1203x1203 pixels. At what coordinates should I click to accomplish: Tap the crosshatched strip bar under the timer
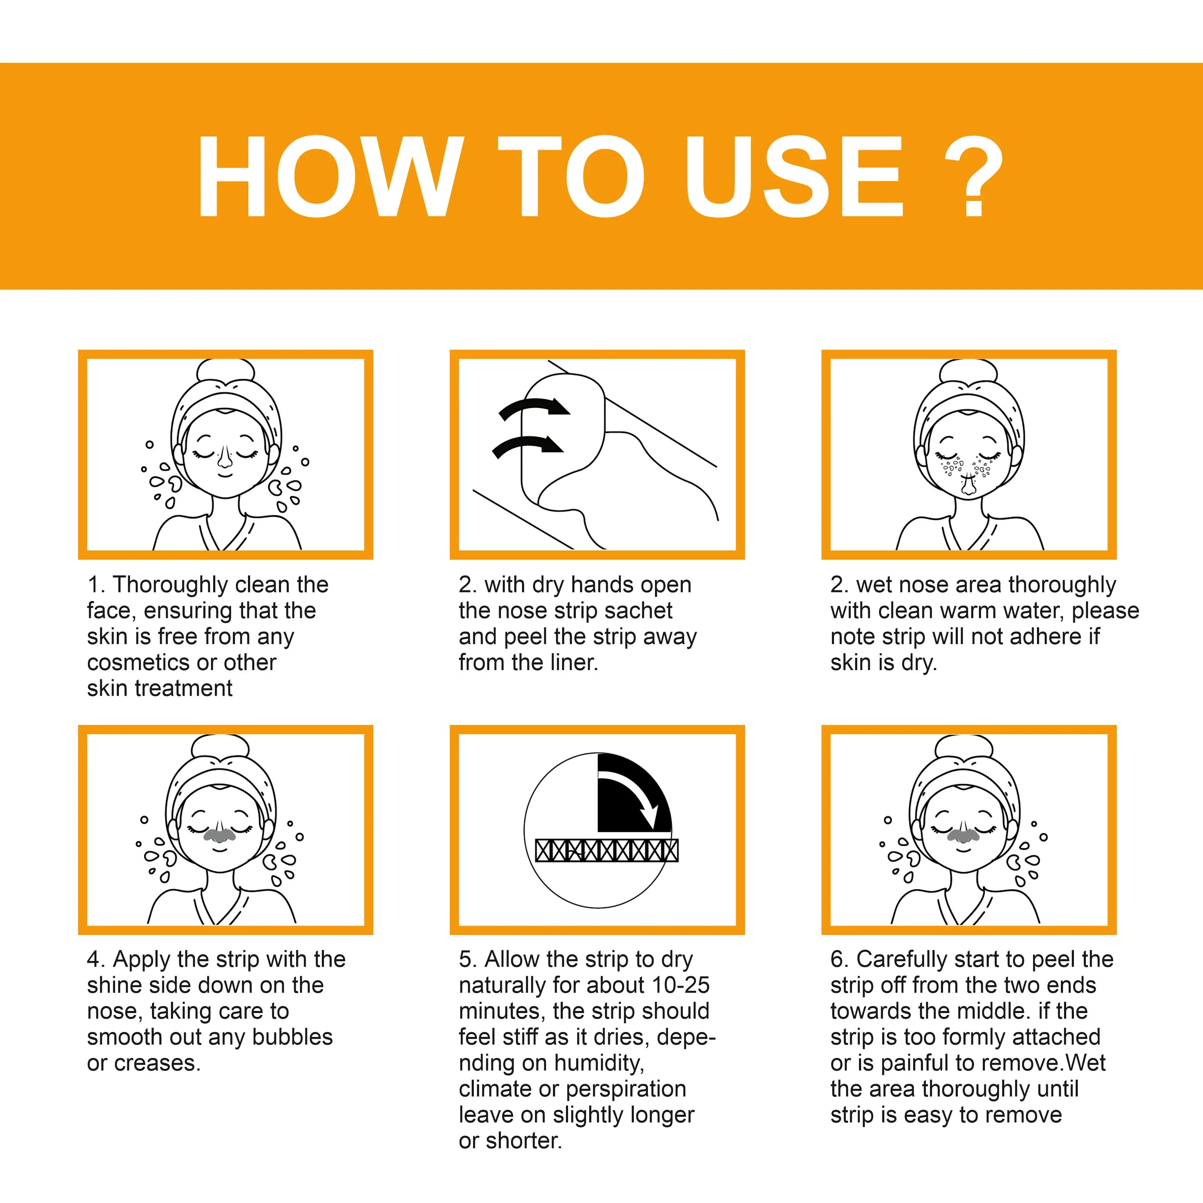pyautogui.click(x=606, y=850)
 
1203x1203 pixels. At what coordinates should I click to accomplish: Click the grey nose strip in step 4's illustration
pyautogui.click(x=218, y=834)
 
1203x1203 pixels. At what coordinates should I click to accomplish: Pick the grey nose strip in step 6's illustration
pyautogui.click(x=963, y=833)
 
